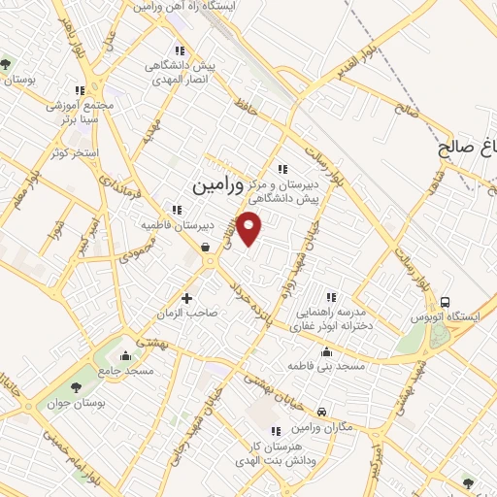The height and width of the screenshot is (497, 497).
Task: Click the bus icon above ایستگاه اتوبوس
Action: pyautogui.click(x=446, y=302)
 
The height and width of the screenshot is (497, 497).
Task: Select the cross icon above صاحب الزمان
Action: pyautogui.click(x=187, y=298)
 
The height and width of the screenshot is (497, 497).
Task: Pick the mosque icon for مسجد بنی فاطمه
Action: pyautogui.click(x=325, y=351)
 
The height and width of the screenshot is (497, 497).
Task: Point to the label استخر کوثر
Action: pyautogui.click(x=68, y=154)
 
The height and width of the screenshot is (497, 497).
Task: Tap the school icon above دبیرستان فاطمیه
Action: pyautogui.click(x=176, y=210)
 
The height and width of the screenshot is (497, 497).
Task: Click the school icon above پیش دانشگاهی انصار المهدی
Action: pyautogui.click(x=178, y=51)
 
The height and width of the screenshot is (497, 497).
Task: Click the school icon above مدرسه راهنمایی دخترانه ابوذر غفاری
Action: pyautogui.click(x=331, y=297)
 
